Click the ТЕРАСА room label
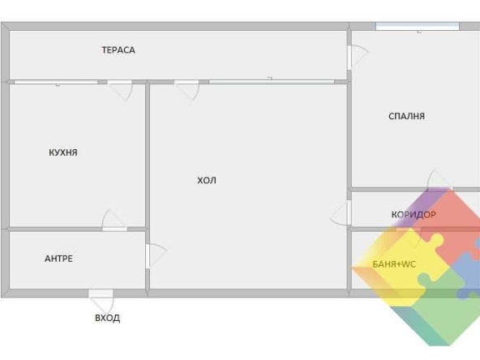118,50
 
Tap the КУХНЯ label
63,152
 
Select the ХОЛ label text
207,180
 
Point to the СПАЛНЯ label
406,116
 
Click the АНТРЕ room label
58,259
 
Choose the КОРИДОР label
414,215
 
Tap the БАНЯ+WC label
394,264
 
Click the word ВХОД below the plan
108,318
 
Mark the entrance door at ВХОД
101,301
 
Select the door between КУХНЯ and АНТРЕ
114,221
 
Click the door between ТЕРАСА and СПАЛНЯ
358,58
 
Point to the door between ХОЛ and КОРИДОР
341,213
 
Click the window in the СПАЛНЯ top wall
418,26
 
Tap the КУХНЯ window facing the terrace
56,82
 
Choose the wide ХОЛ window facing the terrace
272,82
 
